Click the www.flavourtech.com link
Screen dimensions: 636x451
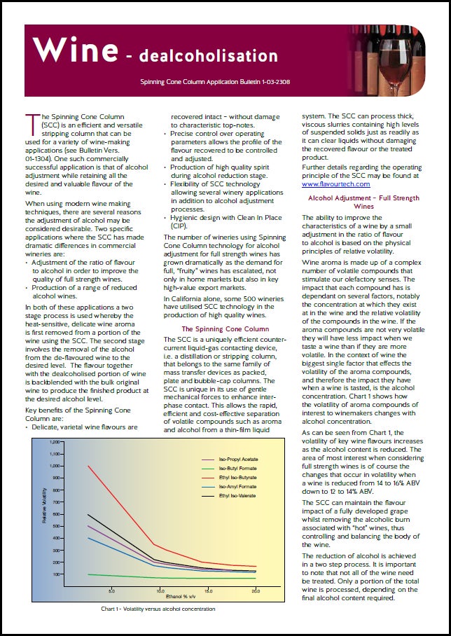click(x=335, y=184)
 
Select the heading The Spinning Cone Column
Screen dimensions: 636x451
click(x=225, y=329)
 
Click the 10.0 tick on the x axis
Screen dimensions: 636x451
click(x=160, y=590)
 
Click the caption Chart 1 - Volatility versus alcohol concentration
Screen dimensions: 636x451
click(x=158, y=609)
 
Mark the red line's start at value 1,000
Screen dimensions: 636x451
click(x=88, y=466)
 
